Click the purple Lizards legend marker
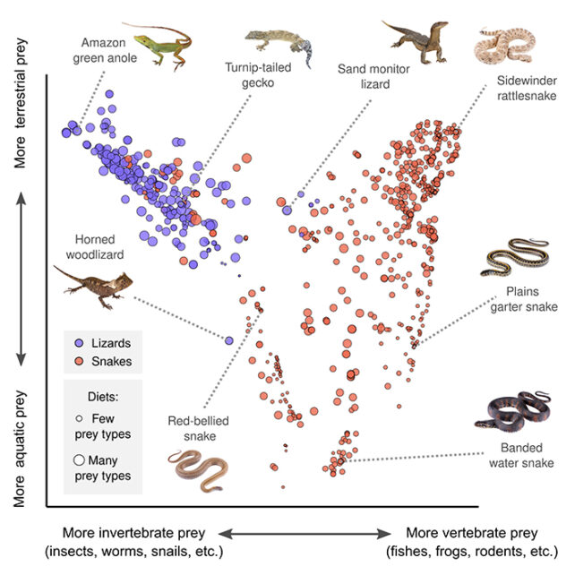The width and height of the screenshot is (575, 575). pos(80,344)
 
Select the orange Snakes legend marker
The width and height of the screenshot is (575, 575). pos(80,362)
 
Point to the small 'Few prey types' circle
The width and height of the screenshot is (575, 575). pos(79,418)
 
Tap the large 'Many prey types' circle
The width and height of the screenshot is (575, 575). pos(79,459)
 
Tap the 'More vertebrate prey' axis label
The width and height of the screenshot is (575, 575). pos(465,542)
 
